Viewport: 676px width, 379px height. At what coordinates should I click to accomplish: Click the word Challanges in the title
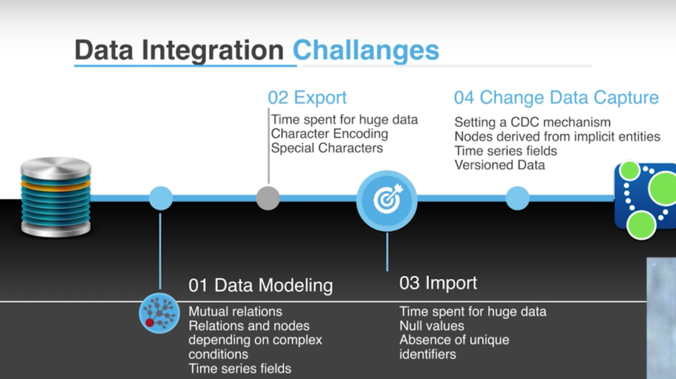coord(366,50)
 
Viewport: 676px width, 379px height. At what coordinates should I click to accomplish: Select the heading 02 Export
coord(307,98)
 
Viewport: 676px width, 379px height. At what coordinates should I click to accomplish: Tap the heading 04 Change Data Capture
coord(556,98)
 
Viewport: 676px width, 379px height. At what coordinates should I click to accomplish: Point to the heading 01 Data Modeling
coord(260,285)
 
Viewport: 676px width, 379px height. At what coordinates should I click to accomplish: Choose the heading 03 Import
coord(438,283)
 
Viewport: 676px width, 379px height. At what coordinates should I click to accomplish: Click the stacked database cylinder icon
coord(56,197)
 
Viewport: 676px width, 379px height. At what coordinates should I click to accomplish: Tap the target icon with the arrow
coord(387,201)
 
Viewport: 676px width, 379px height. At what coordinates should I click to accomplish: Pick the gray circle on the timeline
coord(268,198)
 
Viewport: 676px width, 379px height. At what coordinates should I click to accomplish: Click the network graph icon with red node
coord(159,313)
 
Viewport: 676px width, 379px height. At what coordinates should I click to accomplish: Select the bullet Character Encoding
coord(329,134)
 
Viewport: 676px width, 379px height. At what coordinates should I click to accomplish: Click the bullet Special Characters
coord(327,149)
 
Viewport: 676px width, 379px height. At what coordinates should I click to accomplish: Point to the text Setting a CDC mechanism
coord(533,122)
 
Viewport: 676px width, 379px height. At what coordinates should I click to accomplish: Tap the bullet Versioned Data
coord(500,165)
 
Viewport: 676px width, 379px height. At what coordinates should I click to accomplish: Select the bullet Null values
coord(432,326)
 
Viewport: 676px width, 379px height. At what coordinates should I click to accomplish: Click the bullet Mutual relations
coord(236,312)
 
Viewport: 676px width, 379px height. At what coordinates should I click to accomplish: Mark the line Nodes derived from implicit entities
coord(557,137)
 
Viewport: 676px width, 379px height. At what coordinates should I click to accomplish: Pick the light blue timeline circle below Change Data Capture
coord(518,198)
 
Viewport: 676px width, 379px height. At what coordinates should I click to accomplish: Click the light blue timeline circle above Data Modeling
coord(161,198)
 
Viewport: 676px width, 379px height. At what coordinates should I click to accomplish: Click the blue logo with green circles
coord(645,200)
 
